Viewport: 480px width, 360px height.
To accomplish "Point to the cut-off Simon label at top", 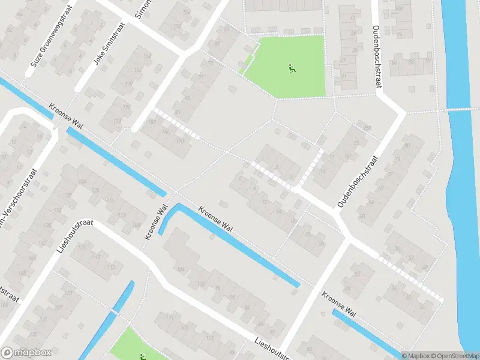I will click(139, 8).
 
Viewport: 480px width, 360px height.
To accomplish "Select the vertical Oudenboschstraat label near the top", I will click(376, 57).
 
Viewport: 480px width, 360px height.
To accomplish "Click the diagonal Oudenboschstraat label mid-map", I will click(358, 182).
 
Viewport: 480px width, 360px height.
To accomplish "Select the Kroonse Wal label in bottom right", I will click(340, 305).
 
